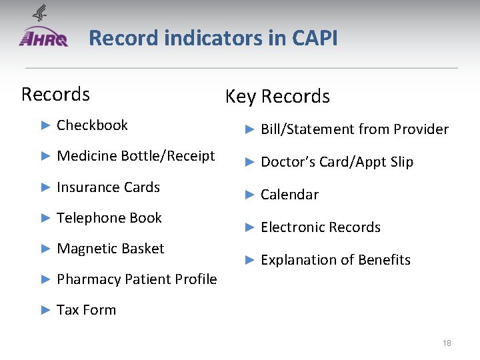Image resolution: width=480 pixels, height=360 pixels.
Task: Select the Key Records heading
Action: pyautogui.click(x=277, y=97)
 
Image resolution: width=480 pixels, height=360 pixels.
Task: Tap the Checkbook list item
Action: pyautogui.click(x=92, y=125)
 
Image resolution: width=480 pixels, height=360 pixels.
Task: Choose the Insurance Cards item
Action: pyautogui.click(x=108, y=187)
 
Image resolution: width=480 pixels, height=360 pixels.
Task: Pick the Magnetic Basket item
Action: pyautogui.click(x=110, y=249)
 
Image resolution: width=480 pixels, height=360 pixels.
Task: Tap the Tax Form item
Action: pyautogui.click(x=86, y=310)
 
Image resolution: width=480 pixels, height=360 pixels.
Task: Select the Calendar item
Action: pyautogui.click(x=289, y=195)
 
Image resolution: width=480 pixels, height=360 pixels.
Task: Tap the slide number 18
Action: pyautogui.click(x=447, y=343)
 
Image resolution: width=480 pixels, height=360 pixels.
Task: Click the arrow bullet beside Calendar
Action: pyautogui.click(x=249, y=195)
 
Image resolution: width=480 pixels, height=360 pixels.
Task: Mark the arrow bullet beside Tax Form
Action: pyautogui.click(x=45, y=310)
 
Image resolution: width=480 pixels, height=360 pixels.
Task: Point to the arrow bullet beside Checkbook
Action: pyautogui.click(x=45, y=125)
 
